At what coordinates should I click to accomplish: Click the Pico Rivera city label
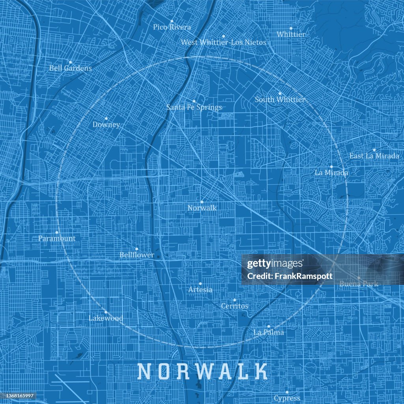pyautogui.click(x=172, y=27)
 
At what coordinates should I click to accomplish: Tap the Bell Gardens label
pyautogui.click(x=70, y=68)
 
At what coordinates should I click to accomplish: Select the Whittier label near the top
pyautogui.click(x=291, y=34)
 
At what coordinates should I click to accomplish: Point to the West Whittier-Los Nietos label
pyautogui.click(x=223, y=42)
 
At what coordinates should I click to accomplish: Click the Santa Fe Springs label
pyautogui.click(x=194, y=107)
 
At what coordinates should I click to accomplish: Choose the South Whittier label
pyautogui.click(x=280, y=99)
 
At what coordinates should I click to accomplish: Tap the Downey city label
pyautogui.click(x=106, y=124)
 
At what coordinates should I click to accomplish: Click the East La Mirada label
pyautogui.click(x=374, y=156)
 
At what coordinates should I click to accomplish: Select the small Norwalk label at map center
pyautogui.click(x=202, y=208)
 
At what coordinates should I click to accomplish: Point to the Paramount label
pyautogui.click(x=57, y=238)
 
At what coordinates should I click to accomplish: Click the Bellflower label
pyautogui.click(x=137, y=255)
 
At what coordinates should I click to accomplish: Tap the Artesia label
pyautogui.click(x=200, y=290)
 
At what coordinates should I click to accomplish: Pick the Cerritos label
pyautogui.click(x=234, y=306)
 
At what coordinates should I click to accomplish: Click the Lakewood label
pyautogui.click(x=106, y=318)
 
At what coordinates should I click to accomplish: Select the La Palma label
pyautogui.click(x=268, y=332)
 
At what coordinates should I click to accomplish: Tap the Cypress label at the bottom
pyautogui.click(x=287, y=398)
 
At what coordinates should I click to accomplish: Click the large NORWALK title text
pyautogui.click(x=202, y=372)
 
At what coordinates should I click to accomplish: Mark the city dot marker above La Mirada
pyautogui.click(x=331, y=167)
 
